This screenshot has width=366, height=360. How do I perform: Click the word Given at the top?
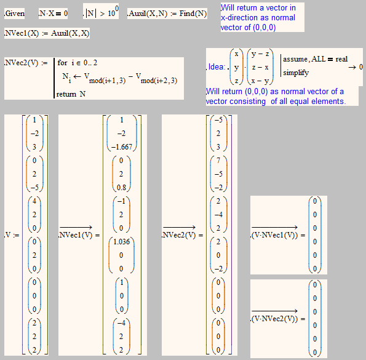point(15,14)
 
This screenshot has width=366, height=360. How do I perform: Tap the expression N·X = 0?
point(54,14)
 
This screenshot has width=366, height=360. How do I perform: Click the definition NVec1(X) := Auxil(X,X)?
point(47,33)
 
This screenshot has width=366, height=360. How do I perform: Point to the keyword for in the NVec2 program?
point(62,63)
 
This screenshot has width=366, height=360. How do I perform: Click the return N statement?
point(71,94)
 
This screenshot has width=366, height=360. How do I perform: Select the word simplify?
point(296,73)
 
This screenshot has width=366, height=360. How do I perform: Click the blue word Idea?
point(217,67)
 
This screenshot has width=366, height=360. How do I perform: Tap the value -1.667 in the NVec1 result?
point(122,147)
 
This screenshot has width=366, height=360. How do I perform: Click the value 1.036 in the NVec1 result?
point(121,242)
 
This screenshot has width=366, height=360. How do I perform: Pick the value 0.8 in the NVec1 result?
point(121,188)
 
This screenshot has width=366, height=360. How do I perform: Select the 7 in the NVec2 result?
point(218,161)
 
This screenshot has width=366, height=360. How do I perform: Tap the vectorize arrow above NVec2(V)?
point(179,227)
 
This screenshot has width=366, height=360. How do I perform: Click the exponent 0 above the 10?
point(117,8)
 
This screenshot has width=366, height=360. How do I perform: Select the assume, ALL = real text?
point(316,59)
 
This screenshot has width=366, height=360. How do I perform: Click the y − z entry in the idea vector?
point(260,54)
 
